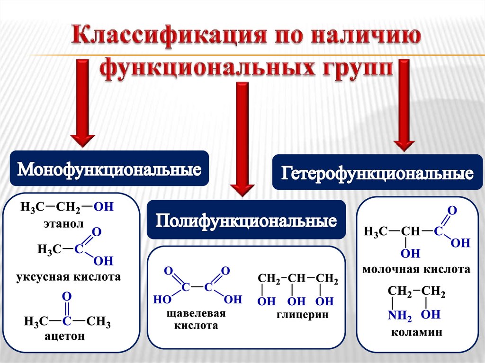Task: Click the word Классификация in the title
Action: (169, 35)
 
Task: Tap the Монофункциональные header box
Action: (109, 168)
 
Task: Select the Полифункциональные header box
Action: (246, 220)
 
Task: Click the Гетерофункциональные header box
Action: (377, 172)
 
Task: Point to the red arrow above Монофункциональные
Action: (82, 103)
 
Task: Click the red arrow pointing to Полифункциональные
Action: (242, 139)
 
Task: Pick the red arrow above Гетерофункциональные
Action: (404, 105)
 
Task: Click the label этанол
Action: (63, 223)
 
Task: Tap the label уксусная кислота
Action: (68, 276)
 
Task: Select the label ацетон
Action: (64, 336)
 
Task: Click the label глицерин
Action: (302, 315)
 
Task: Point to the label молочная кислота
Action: (416, 269)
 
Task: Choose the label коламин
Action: (416, 332)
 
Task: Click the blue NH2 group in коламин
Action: (400, 315)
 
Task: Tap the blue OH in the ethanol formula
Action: (104, 206)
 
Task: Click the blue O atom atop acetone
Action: (66, 296)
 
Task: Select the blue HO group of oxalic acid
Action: (162, 299)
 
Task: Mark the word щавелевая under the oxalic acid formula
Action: (196, 313)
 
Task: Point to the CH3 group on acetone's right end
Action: (99, 322)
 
